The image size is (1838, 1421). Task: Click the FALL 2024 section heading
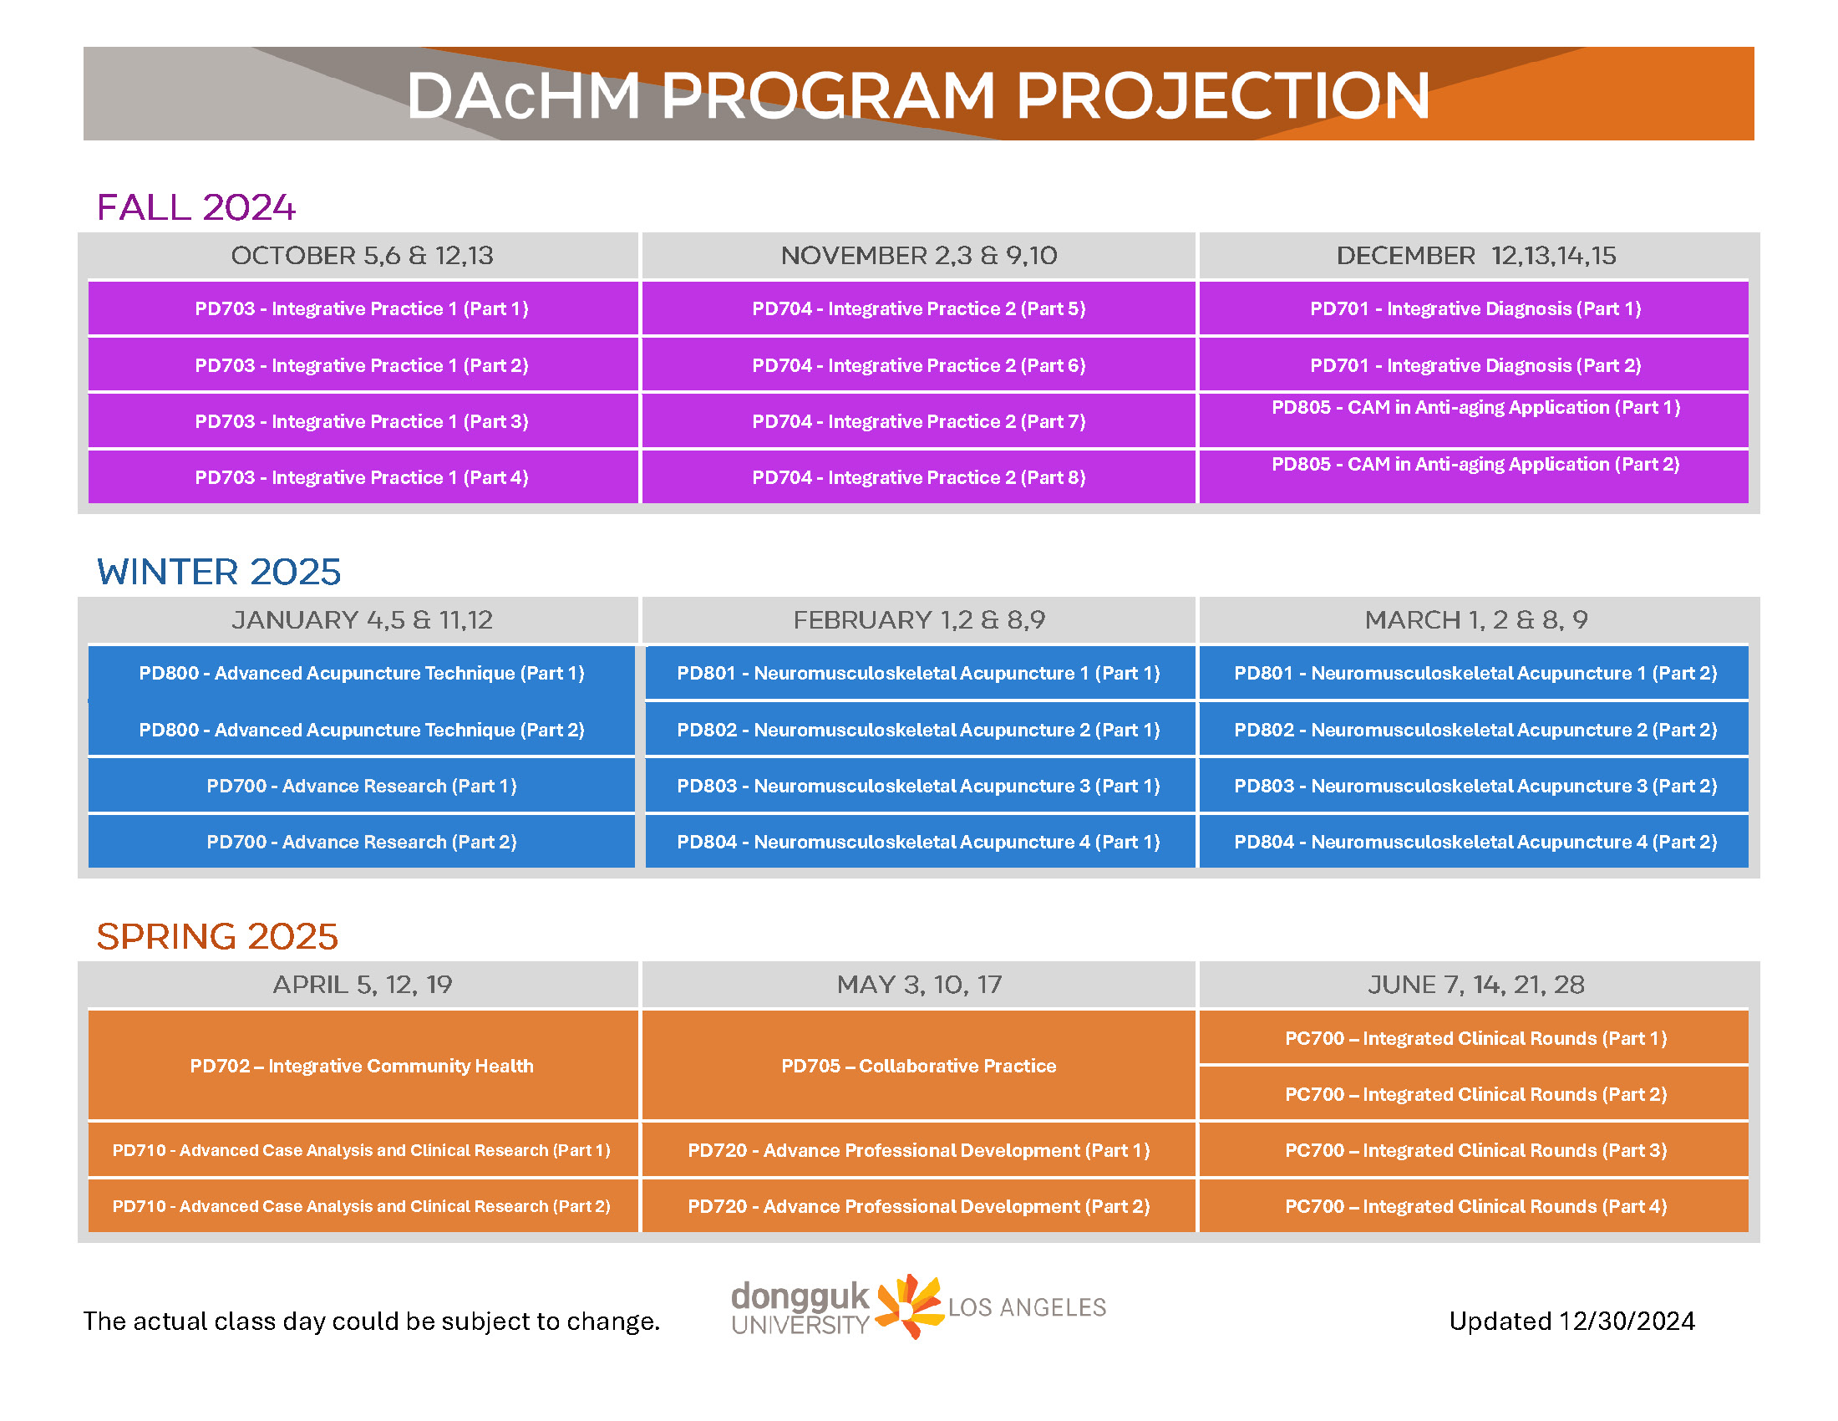[196, 207]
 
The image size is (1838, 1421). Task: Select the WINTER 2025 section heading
[219, 572]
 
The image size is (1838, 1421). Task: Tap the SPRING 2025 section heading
[217, 936]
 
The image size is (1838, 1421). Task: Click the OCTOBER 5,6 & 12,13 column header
[362, 255]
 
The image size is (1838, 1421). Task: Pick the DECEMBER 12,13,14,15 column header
[1476, 255]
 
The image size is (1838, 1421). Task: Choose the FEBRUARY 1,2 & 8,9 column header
[919, 619]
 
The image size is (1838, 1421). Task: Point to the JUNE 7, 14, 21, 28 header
[1476, 984]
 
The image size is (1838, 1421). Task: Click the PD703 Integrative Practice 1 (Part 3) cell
[362, 421]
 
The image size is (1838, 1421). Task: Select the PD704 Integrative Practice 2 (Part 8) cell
[919, 477]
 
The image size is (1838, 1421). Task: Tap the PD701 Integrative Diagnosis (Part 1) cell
[1475, 308]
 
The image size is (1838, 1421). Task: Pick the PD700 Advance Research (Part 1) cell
[362, 786]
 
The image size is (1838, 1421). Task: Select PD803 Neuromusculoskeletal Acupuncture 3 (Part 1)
[919, 786]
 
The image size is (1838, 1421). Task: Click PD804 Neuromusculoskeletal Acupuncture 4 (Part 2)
[1475, 842]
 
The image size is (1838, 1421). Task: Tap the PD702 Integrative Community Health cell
[362, 1065]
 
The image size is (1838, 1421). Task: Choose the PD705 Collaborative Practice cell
[919, 1065]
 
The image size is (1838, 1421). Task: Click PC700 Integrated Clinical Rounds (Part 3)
[1475, 1150]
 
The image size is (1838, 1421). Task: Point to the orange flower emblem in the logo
[909, 1306]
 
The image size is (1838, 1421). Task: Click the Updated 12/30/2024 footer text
[1571, 1321]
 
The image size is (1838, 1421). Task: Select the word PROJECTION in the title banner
[1223, 95]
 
